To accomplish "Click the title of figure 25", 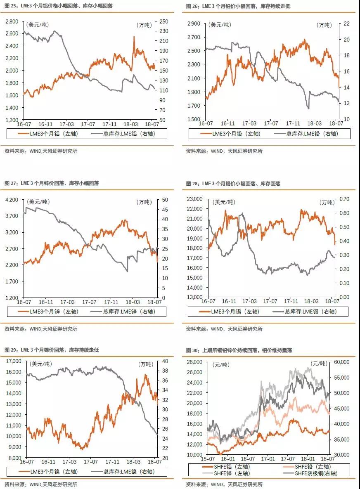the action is click(59, 6).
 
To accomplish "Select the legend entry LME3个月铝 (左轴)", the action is click(48, 134).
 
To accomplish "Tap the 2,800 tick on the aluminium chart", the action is click(12, 21).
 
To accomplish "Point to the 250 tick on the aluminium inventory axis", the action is click(164, 21).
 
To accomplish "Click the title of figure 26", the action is click(238, 6).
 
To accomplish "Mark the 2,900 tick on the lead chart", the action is click(194, 24).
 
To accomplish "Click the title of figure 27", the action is click(52, 183).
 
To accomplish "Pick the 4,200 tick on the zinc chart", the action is click(12, 199).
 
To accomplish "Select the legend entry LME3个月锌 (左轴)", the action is click(48, 311).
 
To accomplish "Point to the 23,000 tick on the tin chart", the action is click(195, 198).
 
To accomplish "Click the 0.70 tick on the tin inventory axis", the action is click(344, 198).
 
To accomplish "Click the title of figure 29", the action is click(52, 350).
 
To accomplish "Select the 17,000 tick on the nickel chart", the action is click(14, 361).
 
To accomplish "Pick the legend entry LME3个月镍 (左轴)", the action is click(48, 472).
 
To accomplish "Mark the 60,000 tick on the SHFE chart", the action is click(341, 362).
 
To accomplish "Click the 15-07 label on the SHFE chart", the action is click(208, 459).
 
